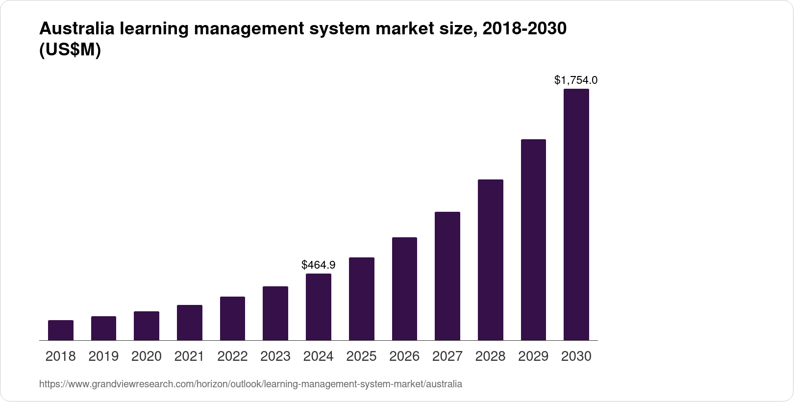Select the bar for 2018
[x=60, y=330]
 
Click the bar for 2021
[x=189, y=323]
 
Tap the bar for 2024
[x=318, y=307]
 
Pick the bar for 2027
[x=447, y=276]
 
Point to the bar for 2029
[x=533, y=240]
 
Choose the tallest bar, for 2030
[x=576, y=215]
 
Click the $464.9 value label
[x=318, y=265]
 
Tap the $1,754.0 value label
[x=575, y=80]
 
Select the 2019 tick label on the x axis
[x=103, y=356]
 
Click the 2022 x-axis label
[x=232, y=356]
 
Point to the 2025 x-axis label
[x=361, y=356]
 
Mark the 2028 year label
[x=490, y=356]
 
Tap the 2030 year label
[x=576, y=356]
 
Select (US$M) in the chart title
[x=70, y=50]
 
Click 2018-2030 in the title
[x=524, y=29]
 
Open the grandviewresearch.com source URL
[x=250, y=384]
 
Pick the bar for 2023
[x=275, y=313]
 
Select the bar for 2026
[x=404, y=289]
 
